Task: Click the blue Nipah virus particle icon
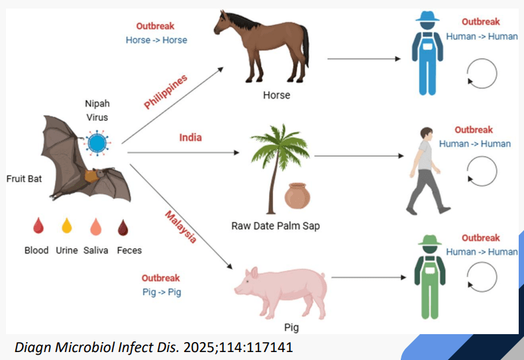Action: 97,143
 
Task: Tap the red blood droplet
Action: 38,225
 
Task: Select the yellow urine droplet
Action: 67,225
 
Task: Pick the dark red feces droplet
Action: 123,227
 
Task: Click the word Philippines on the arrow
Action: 166,92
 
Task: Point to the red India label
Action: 191,137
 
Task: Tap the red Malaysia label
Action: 181,227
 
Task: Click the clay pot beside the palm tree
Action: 297,196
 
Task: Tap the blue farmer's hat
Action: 427,17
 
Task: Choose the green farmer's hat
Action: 430,240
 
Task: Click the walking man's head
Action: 426,133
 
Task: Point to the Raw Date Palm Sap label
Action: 276,226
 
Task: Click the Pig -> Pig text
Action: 162,292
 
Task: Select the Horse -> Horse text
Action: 156,40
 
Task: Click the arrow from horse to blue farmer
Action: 364,59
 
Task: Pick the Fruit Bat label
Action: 24,178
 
